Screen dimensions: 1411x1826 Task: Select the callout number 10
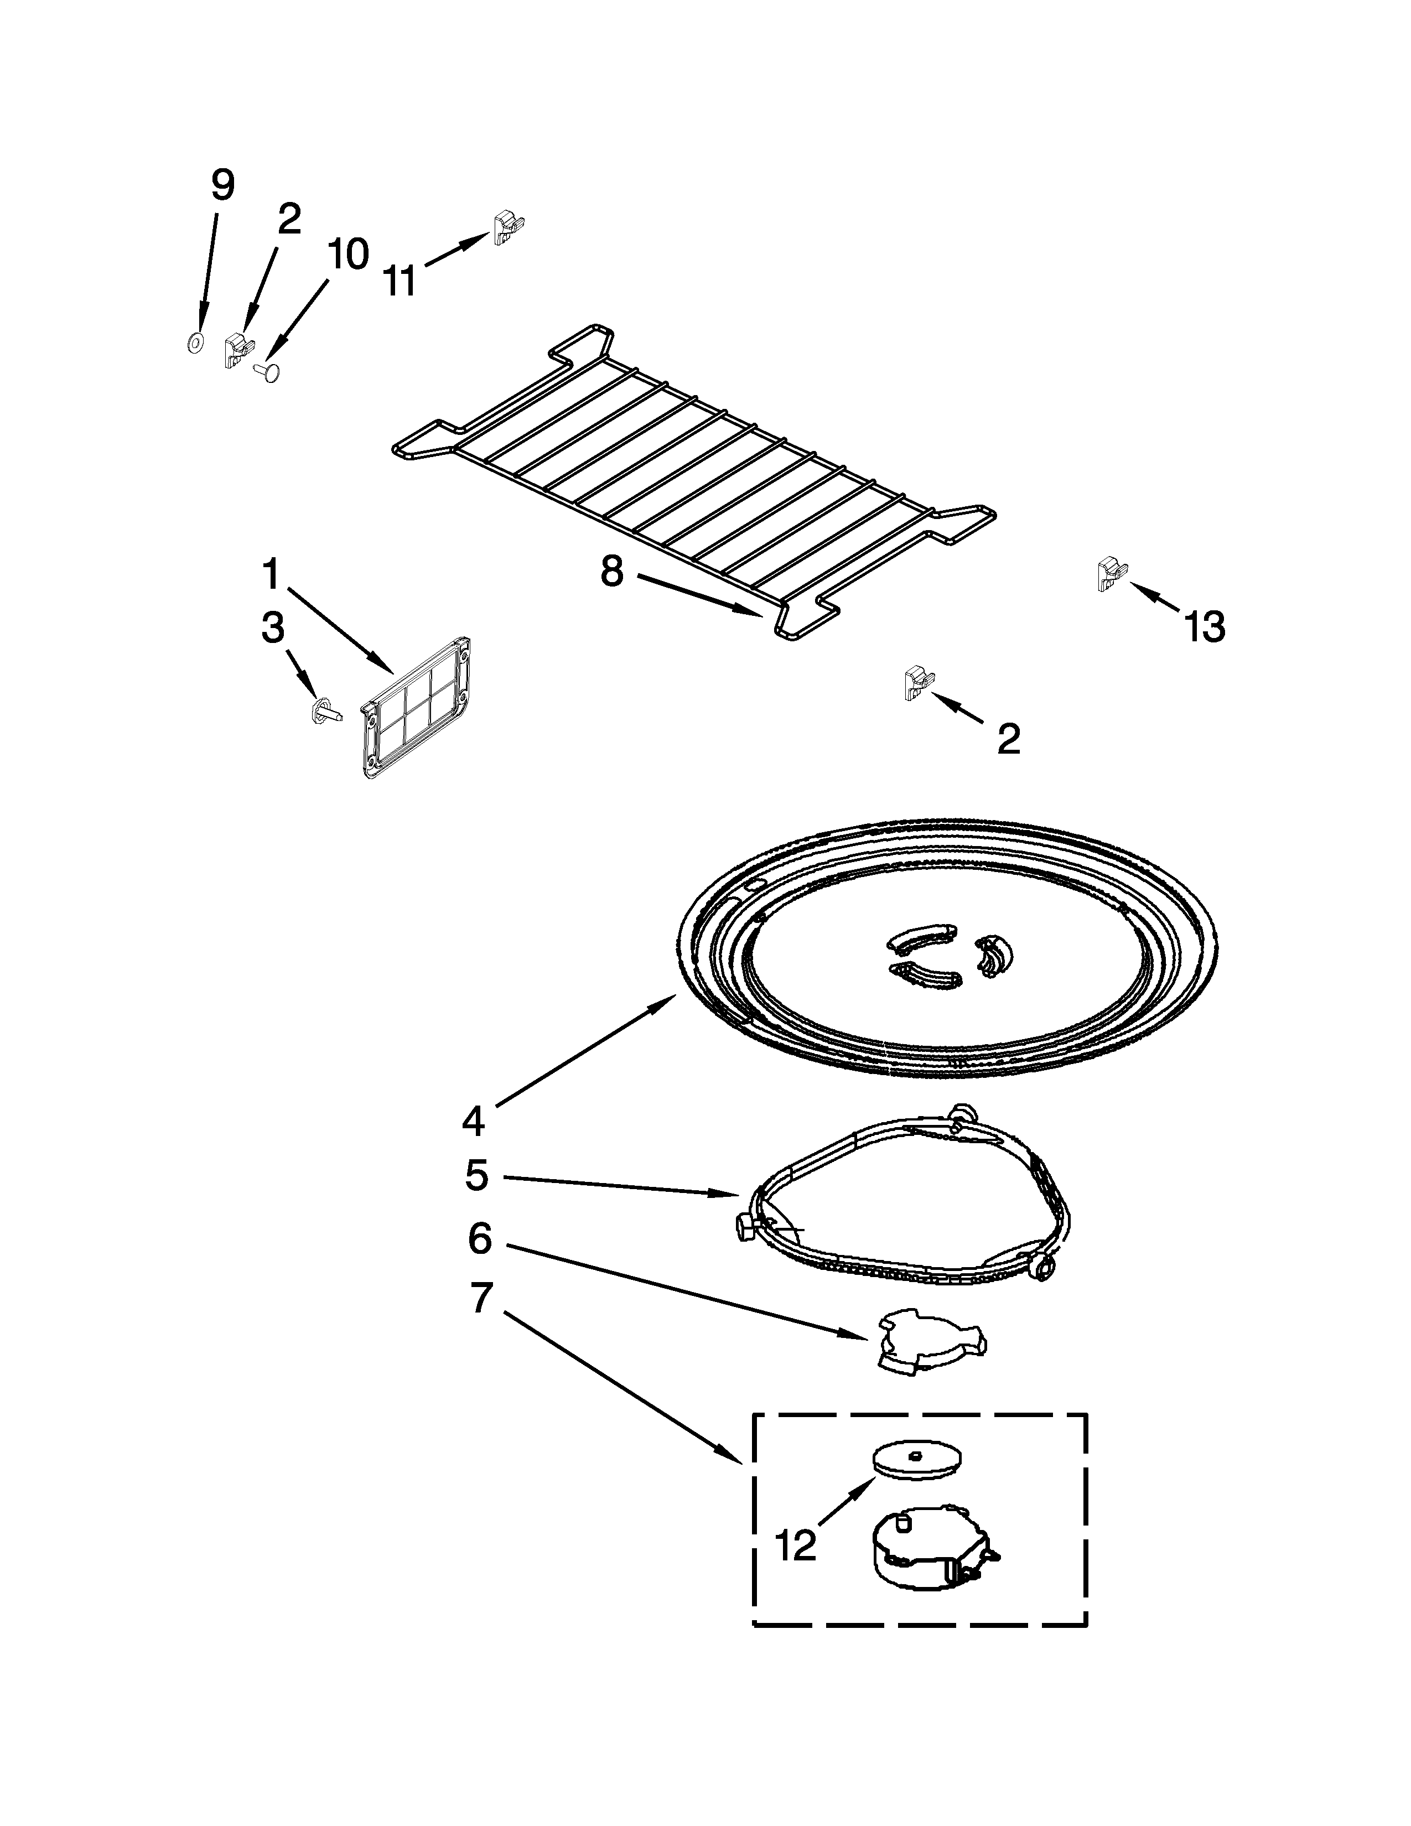(x=347, y=254)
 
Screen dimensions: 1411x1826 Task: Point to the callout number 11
(x=401, y=281)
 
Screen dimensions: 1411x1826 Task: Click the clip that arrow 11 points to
(x=508, y=226)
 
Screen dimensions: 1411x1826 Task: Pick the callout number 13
(x=1205, y=626)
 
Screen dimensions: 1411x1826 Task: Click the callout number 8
(x=612, y=572)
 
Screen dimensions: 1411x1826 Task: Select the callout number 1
(x=270, y=575)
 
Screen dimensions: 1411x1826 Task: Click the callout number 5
(x=476, y=1175)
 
